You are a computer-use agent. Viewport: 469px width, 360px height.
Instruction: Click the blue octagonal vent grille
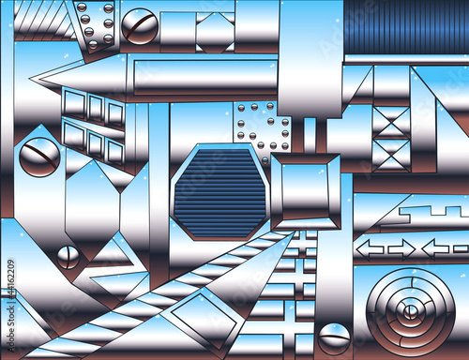pyautogui.click(x=220, y=192)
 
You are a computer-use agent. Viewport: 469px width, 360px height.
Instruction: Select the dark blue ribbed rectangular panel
pyautogui.click(x=406, y=27)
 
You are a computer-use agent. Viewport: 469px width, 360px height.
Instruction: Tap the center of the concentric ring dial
pyautogui.click(x=411, y=312)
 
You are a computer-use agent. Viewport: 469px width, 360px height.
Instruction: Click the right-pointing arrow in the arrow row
pyautogui.click(x=401, y=249)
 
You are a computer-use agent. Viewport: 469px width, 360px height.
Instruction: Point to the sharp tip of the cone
pyautogui.click(x=30, y=77)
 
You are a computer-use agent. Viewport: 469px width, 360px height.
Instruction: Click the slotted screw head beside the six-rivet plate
pyautogui.click(x=140, y=26)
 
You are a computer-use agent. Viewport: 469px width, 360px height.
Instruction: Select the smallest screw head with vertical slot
pyautogui.click(x=68, y=257)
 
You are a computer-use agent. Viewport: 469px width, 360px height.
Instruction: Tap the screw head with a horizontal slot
pyautogui.click(x=334, y=339)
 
